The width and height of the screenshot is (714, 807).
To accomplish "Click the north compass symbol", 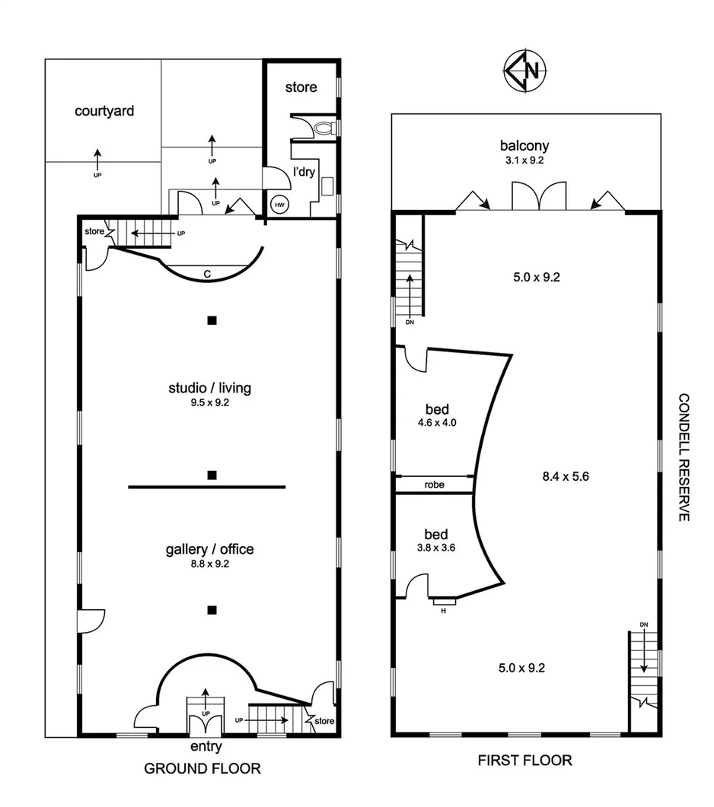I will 524,71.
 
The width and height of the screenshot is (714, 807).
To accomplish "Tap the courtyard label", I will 104,111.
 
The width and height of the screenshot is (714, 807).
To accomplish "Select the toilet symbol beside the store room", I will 325,127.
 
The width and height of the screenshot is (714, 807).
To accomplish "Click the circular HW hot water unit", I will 279,204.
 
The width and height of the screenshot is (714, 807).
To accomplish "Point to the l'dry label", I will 304,172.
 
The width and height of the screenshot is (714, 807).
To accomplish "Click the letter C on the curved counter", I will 207,273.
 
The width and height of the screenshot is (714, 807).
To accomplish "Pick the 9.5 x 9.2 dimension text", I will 209,403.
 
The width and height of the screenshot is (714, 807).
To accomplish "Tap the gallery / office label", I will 209,549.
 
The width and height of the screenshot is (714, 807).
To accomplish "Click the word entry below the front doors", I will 206,747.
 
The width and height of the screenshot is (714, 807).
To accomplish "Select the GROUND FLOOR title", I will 202,769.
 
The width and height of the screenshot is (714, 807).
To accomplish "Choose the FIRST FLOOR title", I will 524,760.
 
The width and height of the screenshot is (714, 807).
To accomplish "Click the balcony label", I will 524,145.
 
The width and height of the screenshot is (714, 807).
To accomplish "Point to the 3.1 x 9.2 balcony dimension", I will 524,160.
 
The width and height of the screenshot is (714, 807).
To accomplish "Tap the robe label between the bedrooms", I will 434,485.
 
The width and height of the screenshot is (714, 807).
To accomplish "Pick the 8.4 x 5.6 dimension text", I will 566,477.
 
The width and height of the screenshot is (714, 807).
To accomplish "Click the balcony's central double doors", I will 539,196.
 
